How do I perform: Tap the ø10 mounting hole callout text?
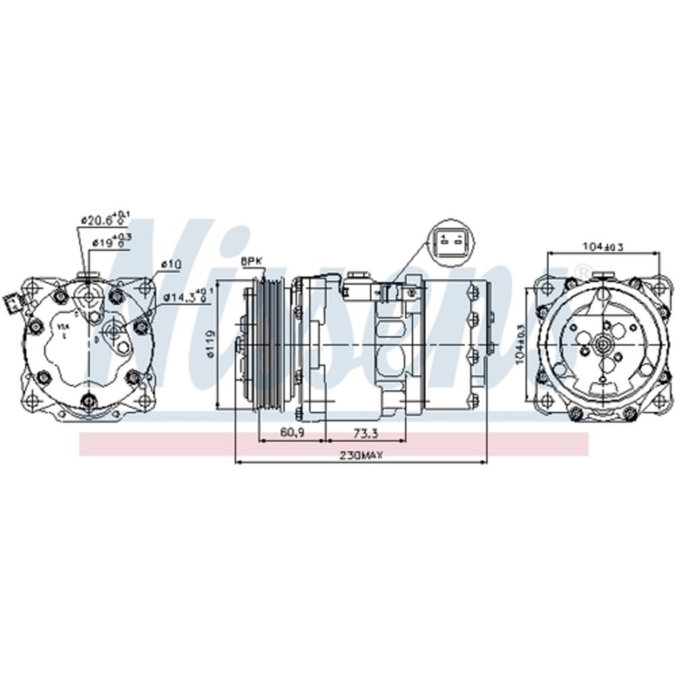[x=171, y=265]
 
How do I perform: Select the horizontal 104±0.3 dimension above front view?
[x=602, y=247]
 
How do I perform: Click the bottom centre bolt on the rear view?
[x=87, y=403]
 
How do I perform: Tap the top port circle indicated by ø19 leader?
[x=88, y=295]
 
